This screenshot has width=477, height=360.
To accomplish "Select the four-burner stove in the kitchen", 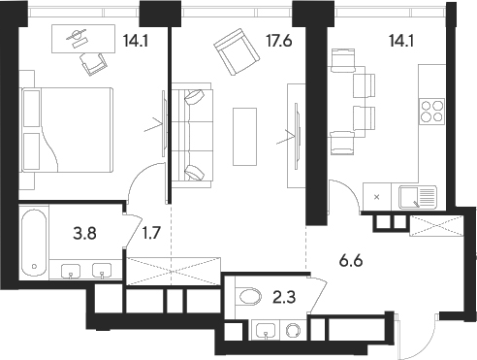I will [x=429, y=113].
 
